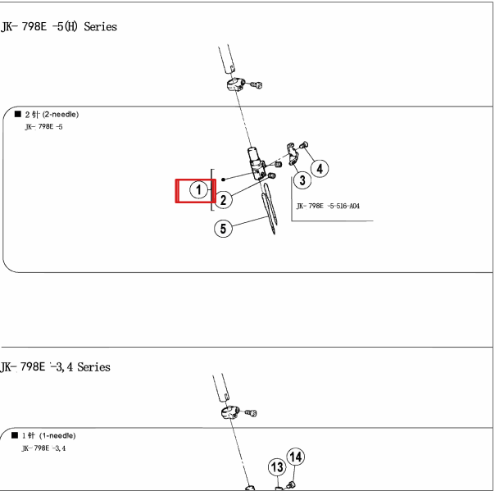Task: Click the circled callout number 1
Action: (x=198, y=190)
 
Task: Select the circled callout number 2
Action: (x=223, y=200)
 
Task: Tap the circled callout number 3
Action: (x=302, y=180)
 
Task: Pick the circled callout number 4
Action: (x=320, y=169)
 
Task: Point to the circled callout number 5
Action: (x=223, y=229)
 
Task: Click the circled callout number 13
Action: (x=277, y=467)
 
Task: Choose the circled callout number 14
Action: (x=296, y=457)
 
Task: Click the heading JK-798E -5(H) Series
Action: (x=59, y=26)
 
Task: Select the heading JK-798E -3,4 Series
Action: (x=55, y=367)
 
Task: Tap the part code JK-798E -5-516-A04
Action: (x=328, y=206)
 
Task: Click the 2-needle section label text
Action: (x=52, y=114)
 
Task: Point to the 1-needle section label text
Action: (x=49, y=436)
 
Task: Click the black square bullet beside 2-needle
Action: (x=18, y=114)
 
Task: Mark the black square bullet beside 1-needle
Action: (x=15, y=435)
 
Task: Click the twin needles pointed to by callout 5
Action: (x=270, y=208)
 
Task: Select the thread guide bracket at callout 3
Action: (x=293, y=153)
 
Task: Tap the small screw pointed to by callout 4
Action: (x=304, y=145)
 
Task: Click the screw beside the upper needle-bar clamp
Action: (x=257, y=84)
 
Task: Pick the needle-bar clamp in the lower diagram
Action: (x=230, y=412)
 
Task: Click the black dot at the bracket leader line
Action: (x=223, y=180)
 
